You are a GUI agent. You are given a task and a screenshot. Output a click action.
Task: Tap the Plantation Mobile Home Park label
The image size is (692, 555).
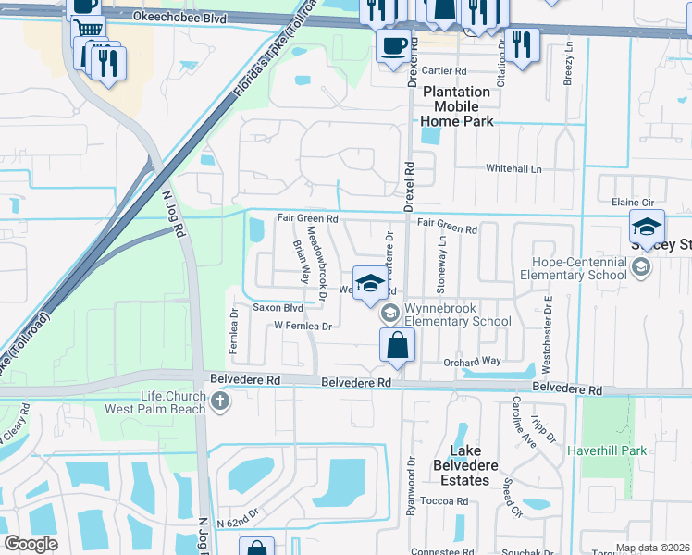tap(456, 106)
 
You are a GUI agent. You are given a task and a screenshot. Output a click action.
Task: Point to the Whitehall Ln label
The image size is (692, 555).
tap(513, 169)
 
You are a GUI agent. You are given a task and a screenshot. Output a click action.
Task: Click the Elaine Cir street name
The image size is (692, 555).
tap(633, 202)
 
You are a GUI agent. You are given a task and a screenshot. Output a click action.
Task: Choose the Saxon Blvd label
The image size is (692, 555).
tap(278, 307)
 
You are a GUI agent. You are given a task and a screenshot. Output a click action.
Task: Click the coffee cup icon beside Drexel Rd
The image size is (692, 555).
tap(392, 44)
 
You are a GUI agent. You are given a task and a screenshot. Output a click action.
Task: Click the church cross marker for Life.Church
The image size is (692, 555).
tap(219, 401)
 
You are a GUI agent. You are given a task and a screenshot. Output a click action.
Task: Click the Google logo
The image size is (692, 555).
tap(31, 544)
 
